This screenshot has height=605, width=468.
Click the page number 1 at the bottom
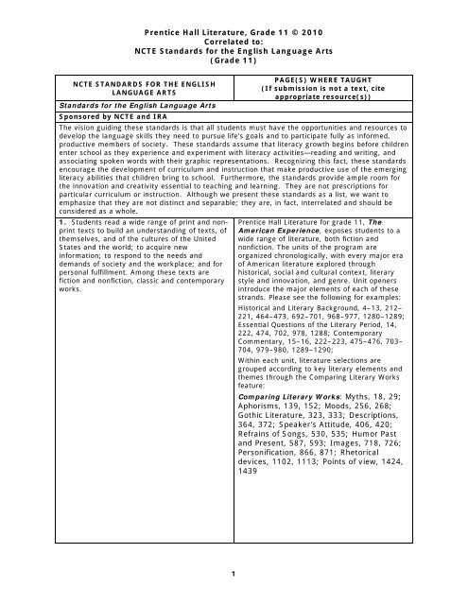(x=234, y=571)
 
